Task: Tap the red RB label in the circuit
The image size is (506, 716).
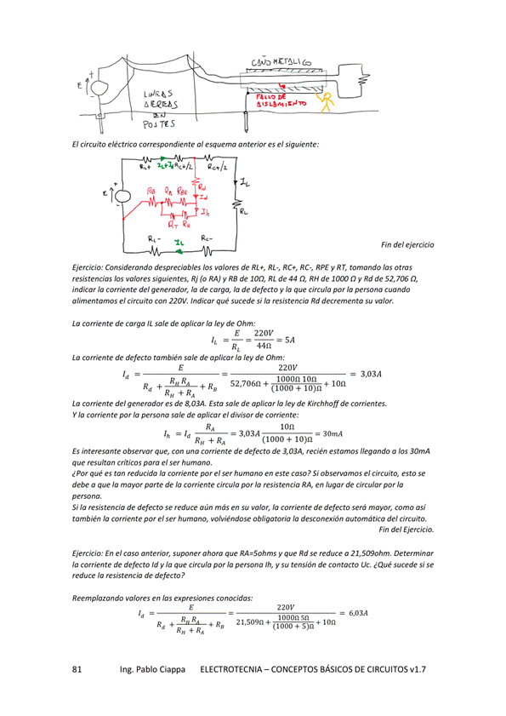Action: coord(151,191)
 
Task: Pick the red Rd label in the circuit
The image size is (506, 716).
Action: coord(202,186)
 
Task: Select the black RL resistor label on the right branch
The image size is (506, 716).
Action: coord(245,211)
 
